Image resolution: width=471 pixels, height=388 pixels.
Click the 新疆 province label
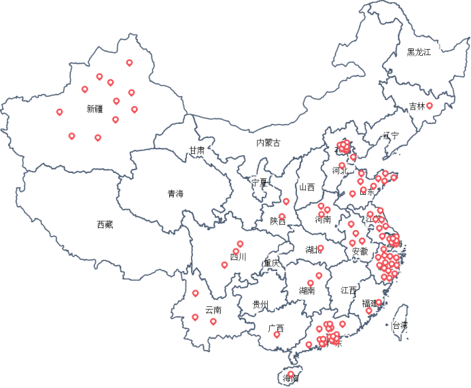point(94,109)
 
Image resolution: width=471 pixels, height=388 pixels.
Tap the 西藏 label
point(105,224)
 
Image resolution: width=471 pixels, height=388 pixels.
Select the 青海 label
point(175,194)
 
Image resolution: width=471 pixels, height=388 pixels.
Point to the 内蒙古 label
point(268,143)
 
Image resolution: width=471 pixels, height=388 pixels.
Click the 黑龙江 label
point(419,52)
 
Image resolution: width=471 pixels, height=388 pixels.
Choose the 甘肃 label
point(197,150)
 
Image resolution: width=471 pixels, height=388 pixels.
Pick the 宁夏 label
point(260,183)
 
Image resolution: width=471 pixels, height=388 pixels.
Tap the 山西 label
point(307,187)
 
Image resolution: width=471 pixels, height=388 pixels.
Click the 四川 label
point(238,257)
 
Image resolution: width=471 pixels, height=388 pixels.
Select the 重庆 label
point(271,263)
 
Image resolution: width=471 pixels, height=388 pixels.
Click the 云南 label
point(213,310)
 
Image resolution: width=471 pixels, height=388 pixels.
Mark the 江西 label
point(349,291)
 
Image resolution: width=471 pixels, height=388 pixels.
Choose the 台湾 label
point(400,326)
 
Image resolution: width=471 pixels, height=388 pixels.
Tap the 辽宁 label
point(391,135)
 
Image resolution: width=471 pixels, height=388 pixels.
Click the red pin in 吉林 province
point(429,106)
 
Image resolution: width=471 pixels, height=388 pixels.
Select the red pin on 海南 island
point(290,374)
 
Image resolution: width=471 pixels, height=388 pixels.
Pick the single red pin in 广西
point(276,334)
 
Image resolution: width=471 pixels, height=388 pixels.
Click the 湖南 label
point(307,291)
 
